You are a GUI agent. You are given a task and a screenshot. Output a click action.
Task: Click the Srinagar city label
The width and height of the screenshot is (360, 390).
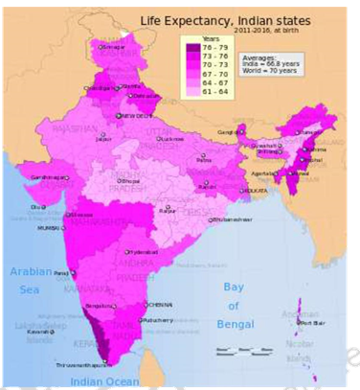click(112, 45)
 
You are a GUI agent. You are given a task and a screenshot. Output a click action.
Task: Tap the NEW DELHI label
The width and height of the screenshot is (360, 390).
click(135, 115)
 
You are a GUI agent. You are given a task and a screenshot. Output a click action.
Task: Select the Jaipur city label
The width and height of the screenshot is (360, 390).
click(103, 138)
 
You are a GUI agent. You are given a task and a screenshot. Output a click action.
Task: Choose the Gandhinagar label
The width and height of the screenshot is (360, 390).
click(50, 177)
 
